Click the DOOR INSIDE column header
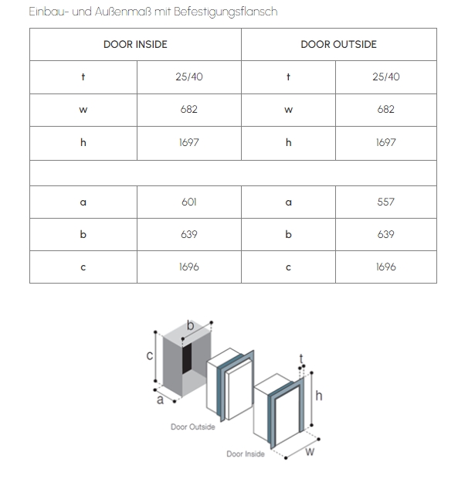coord(135,44)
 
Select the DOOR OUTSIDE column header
coord(339,44)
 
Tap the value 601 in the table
coord(189,202)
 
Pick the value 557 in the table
coord(386,202)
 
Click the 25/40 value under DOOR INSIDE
coord(189,76)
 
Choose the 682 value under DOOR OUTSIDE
coord(386,110)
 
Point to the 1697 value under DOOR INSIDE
coord(189,143)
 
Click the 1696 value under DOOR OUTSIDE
coord(386,267)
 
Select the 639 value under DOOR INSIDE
coord(189,234)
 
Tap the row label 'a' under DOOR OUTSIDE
coord(289,202)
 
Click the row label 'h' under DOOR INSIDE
coord(83,143)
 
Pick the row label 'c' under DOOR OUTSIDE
coord(289,267)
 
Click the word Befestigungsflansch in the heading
coord(226,12)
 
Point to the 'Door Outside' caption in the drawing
coord(193,427)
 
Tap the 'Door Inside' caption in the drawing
coord(246,454)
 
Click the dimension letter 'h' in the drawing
coord(319,396)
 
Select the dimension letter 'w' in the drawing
coord(310,451)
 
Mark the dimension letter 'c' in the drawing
coord(149,355)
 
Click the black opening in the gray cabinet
coord(187,358)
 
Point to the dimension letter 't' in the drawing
coord(301,359)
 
